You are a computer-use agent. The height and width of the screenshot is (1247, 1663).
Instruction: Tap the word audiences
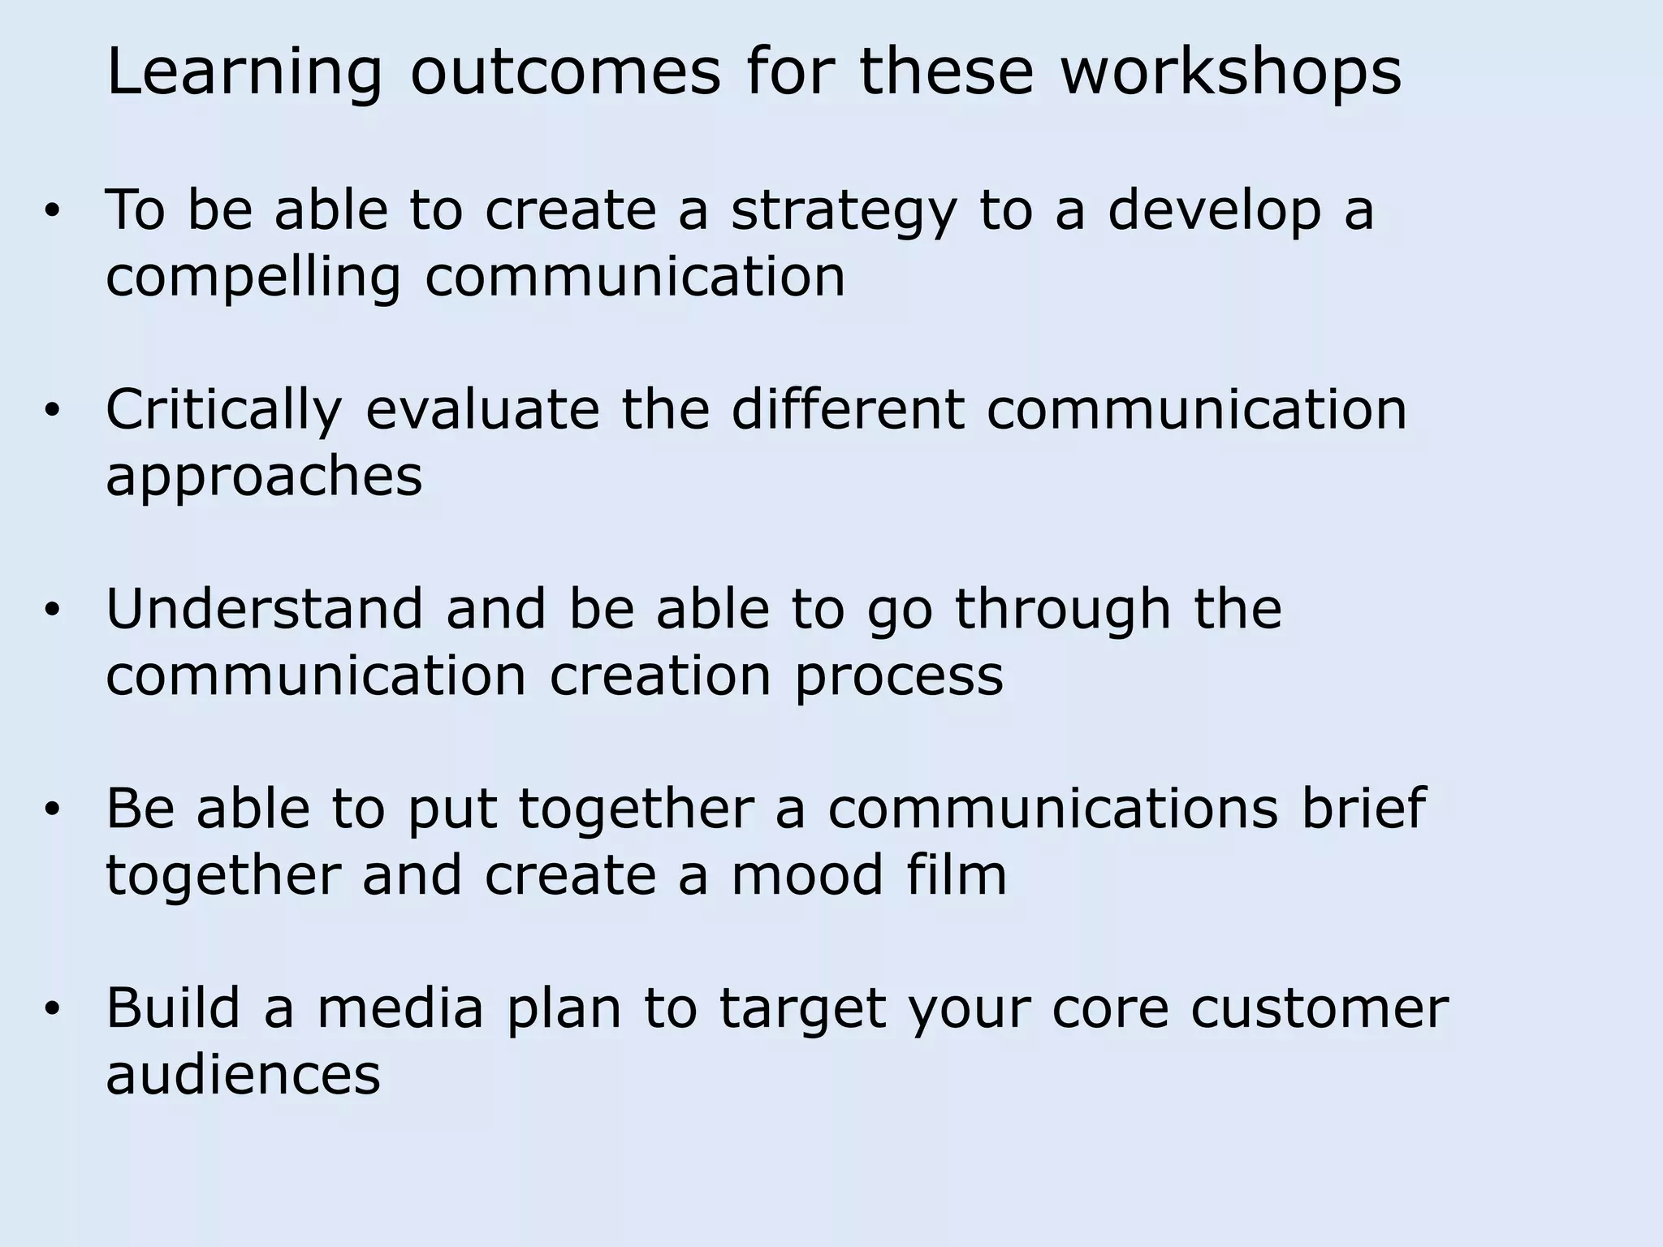243,1075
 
